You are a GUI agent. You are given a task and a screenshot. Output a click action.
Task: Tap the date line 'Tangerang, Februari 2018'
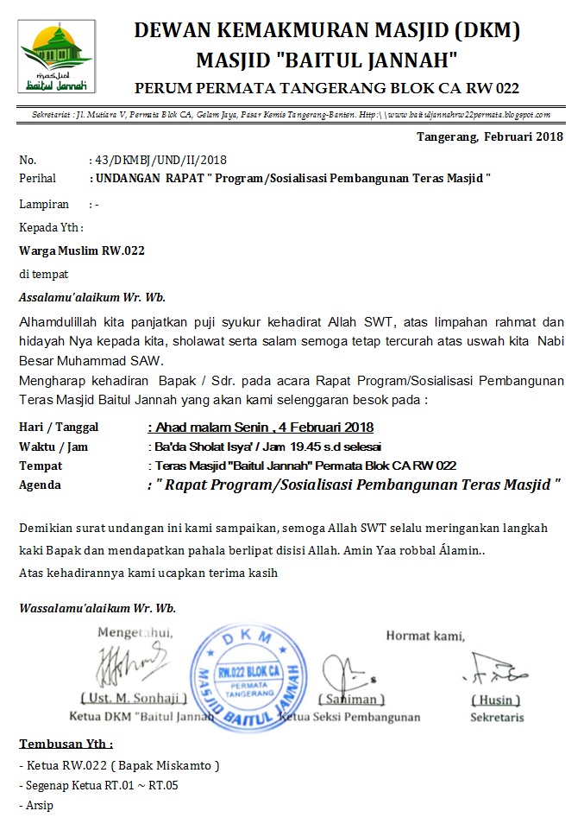pyautogui.click(x=489, y=136)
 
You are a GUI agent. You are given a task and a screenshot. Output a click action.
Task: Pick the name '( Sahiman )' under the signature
pyautogui.click(x=351, y=699)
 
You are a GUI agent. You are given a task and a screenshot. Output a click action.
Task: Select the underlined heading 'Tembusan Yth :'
pyautogui.click(x=66, y=744)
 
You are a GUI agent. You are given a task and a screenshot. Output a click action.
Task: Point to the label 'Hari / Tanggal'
pyautogui.click(x=59, y=427)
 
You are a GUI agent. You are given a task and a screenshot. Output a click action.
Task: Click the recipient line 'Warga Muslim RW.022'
pyautogui.click(x=82, y=251)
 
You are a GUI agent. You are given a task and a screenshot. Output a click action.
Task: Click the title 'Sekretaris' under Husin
pyautogui.click(x=495, y=717)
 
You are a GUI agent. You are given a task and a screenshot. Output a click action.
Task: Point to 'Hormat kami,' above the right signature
pyautogui.click(x=424, y=637)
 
